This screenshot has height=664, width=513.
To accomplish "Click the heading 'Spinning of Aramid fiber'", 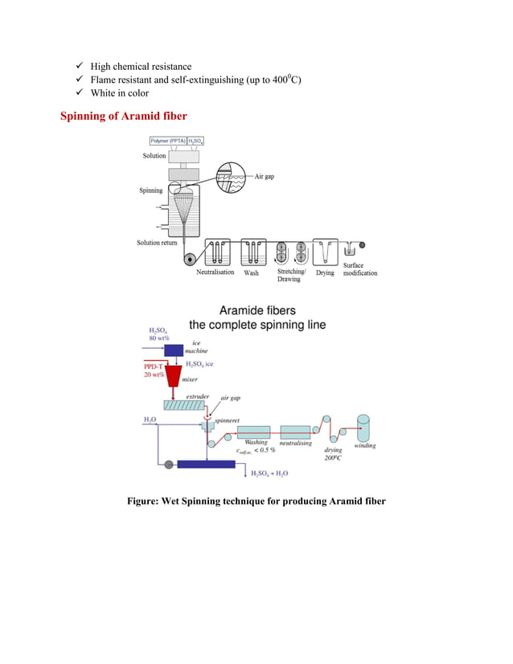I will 124,117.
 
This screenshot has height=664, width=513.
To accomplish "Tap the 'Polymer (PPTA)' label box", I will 168,141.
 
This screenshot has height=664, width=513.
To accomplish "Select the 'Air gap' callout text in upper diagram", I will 265,176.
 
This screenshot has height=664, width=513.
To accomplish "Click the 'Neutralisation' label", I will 215,272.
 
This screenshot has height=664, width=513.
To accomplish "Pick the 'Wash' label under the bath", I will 251,273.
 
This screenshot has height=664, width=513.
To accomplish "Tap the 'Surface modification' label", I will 359,269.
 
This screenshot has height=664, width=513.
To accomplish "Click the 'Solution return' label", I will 157,243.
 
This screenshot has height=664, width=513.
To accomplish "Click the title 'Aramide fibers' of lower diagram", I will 256,310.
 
